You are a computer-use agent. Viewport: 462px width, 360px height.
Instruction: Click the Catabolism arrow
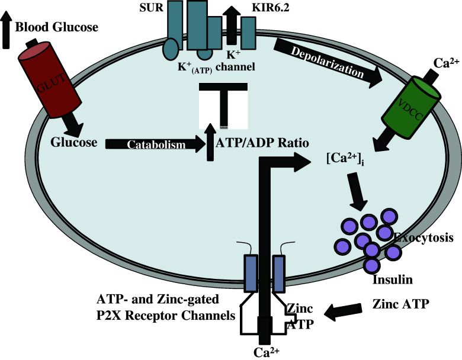pyautogui.click(x=154, y=143)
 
